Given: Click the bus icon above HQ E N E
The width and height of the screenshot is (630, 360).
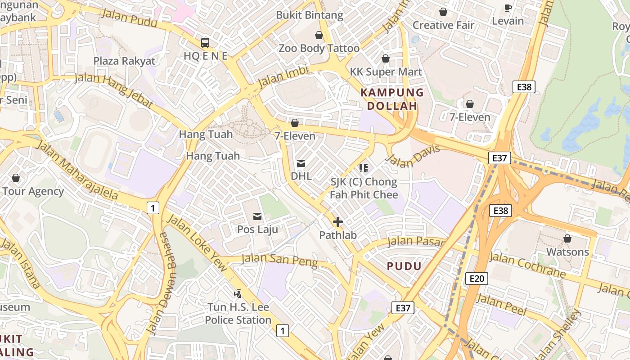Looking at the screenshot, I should click(205, 43).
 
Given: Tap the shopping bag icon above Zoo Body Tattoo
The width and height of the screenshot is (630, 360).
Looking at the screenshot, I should click(319, 35).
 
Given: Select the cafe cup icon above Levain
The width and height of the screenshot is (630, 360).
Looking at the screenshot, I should click(508, 8).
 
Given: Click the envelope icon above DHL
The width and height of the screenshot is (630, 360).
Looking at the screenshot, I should click(301, 163).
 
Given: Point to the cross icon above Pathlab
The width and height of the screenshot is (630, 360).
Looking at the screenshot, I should click(338, 222).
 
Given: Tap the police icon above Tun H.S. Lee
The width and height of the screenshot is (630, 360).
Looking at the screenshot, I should click(238, 294).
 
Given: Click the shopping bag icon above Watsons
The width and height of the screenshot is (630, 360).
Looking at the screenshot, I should click(567, 238).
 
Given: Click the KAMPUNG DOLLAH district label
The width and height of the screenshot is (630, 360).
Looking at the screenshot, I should click(392, 99).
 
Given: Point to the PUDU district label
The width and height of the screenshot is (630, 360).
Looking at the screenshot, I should click(404, 266).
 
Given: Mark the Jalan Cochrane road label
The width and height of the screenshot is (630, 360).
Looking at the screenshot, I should click(527, 265).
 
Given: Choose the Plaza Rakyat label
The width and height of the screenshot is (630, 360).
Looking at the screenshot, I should click(124, 61).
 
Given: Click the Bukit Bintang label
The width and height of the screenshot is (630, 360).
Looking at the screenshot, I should click(310, 15).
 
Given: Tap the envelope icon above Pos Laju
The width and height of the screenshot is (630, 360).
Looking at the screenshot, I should click(257, 216).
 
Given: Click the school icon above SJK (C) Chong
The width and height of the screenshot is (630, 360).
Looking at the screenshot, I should click(364, 168).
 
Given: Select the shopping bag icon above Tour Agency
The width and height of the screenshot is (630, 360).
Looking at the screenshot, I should click(16, 178).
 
